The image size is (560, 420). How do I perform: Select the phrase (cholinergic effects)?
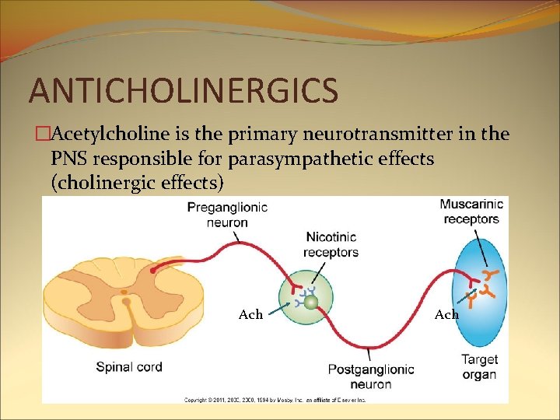point(137,184)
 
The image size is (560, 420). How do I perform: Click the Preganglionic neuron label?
point(227,215)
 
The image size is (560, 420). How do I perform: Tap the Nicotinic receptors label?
point(331,244)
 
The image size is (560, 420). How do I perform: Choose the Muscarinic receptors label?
point(471,212)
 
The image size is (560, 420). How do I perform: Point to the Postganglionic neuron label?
point(370,376)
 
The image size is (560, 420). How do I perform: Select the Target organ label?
point(479,367)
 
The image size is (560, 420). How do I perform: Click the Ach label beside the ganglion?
point(250,314)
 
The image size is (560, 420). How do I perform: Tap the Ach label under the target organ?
point(446,314)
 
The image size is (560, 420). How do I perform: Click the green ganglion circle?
point(311,299)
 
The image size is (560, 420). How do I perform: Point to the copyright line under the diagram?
point(274,400)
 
